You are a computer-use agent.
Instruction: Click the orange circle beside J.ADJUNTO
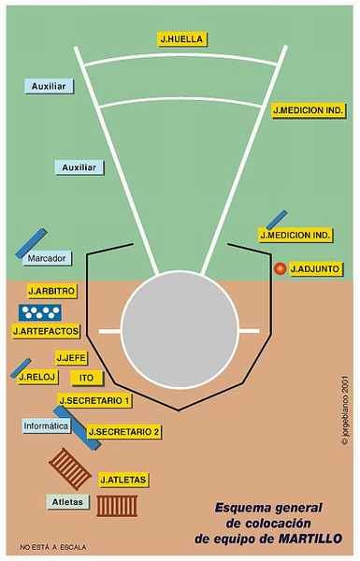[279, 269]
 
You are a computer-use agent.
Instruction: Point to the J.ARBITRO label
[52, 291]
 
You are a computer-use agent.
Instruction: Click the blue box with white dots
[40, 310]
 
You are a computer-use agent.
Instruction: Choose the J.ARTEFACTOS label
[47, 330]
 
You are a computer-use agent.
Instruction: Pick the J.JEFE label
[71, 357]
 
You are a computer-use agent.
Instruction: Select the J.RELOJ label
[38, 377]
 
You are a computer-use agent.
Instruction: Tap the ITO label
[85, 377]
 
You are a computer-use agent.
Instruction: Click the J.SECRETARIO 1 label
[94, 400]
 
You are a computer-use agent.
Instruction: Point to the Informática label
[46, 425]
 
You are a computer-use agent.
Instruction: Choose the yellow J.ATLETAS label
[123, 480]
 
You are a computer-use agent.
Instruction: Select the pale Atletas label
[67, 502]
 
